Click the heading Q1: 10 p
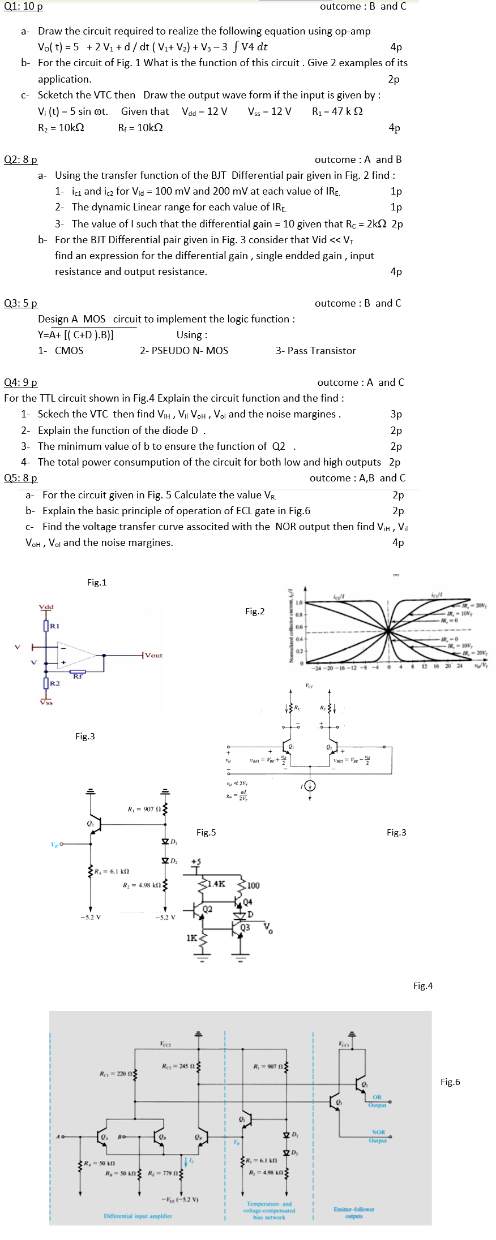pos(23,7)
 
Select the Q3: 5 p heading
pos(21,303)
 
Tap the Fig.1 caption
pos(97,583)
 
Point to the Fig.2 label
pos(255,611)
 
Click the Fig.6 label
pos(450,1082)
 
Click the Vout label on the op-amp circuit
pos(153,655)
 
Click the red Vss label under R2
pos(46,703)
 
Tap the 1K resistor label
pos(192,938)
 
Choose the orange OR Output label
pos(377,1101)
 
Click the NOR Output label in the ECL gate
pos(378,1136)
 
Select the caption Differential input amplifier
pos(138,1216)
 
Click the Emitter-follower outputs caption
pos(354,1212)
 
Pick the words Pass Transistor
pos(322,351)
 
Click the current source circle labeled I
pos(310,786)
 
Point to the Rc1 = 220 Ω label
pos(116,1074)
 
